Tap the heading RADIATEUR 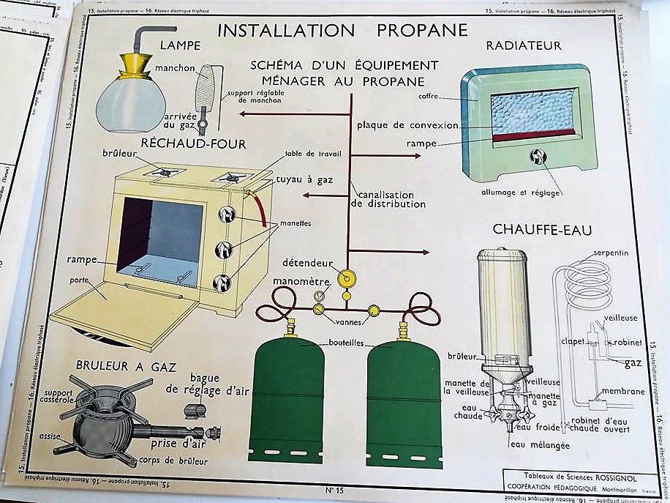point(524,45)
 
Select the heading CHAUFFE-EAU point(542,229)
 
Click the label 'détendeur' point(311,263)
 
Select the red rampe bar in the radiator point(533,135)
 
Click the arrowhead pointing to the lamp point(243,114)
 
